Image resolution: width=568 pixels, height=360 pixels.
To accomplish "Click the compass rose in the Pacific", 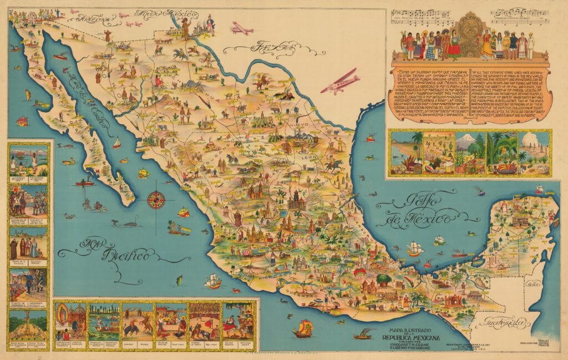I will point(156,199).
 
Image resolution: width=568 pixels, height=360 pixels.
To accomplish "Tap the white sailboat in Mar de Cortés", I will point(116,143).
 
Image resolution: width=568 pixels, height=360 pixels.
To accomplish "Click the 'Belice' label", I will point(535,284).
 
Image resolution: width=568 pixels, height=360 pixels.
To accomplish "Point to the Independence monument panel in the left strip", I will point(28,327).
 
